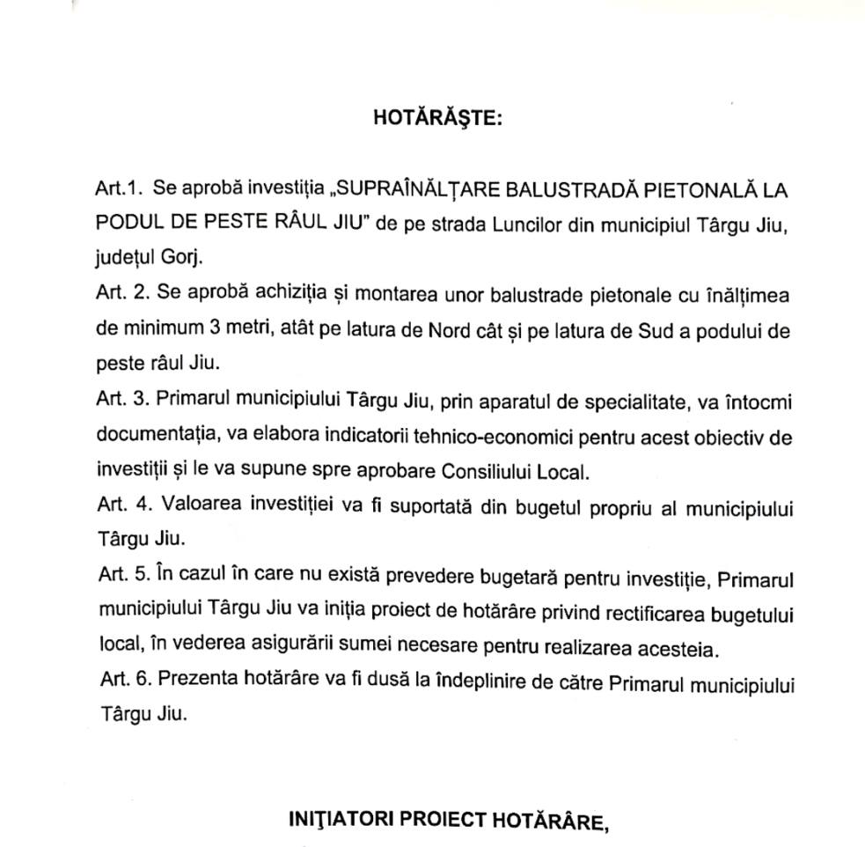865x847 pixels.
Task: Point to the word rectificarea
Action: tap(630, 612)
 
